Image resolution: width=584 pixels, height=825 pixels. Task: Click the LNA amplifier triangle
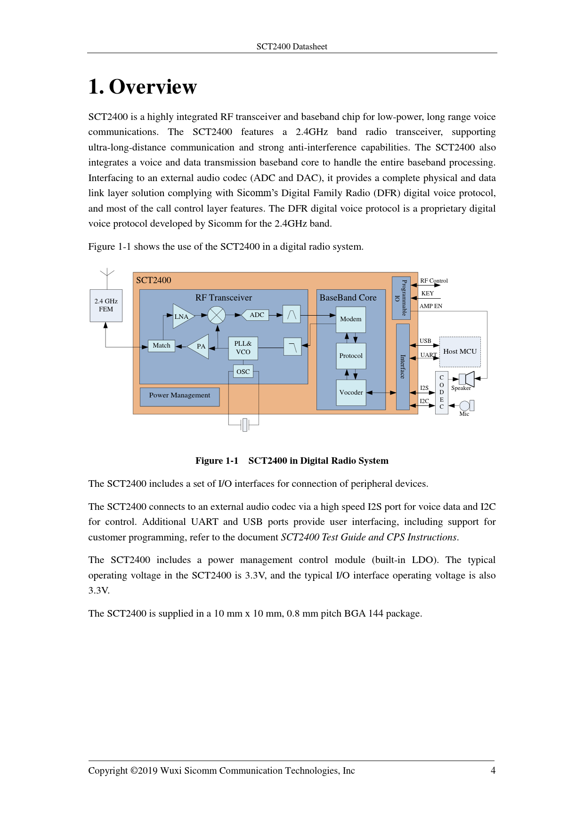click(x=182, y=316)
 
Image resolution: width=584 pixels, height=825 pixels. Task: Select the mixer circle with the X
click(x=217, y=315)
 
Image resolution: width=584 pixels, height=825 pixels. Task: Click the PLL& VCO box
click(x=243, y=348)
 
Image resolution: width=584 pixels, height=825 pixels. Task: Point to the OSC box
click(x=243, y=372)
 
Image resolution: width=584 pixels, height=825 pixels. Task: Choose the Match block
click(x=162, y=346)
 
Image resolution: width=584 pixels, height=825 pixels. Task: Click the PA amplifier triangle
click(x=200, y=347)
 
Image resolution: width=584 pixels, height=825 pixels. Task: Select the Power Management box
click(x=179, y=396)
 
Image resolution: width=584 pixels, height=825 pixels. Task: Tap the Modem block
click(x=351, y=319)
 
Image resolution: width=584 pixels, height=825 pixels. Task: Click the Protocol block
click(x=351, y=356)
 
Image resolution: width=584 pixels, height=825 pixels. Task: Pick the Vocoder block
click(x=351, y=392)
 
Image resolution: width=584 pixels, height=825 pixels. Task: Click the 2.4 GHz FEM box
click(x=106, y=305)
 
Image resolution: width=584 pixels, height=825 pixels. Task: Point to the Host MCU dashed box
click(x=460, y=351)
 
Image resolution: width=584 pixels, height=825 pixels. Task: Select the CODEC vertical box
click(x=441, y=392)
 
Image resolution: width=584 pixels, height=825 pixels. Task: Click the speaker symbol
click(x=467, y=378)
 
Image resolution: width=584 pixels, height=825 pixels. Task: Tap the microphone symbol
click(x=466, y=405)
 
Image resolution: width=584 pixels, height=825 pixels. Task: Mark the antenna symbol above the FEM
click(x=107, y=273)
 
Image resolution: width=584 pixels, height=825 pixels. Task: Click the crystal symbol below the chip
click(x=244, y=425)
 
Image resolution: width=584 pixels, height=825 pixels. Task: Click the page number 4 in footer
click(x=493, y=770)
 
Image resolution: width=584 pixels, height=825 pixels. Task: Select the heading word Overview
click(x=153, y=87)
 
